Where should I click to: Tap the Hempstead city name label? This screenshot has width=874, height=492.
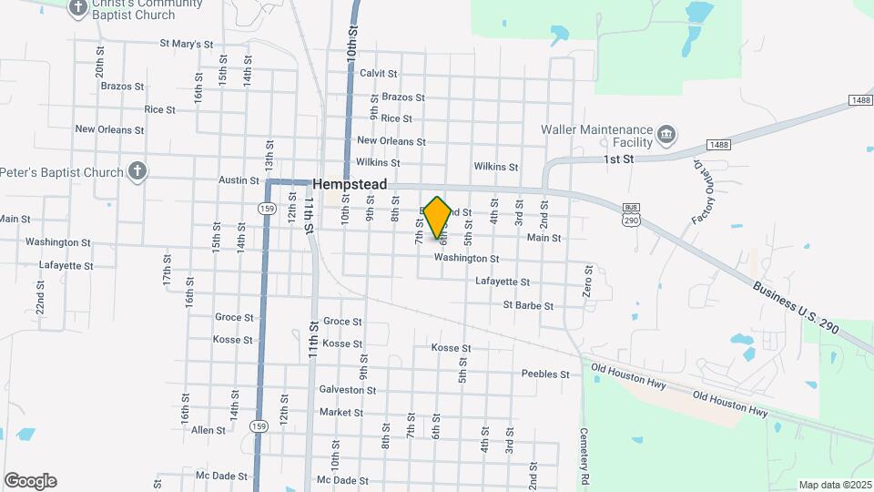pyautogui.click(x=351, y=184)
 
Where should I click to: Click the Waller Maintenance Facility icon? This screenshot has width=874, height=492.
pyautogui.click(x=666, y=136)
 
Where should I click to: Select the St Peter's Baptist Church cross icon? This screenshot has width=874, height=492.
pyautogui.click(x=137, y=171)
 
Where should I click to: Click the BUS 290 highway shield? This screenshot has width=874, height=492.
pyautogui.click(x=629, y=215)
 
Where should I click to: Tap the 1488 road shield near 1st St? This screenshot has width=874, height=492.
pyautogui.click(x=718, y=145)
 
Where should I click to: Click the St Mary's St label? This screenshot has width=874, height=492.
pyautogui.click(x=186, y=43)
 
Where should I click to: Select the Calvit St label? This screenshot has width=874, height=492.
pyautogui.click(x=379, y=73)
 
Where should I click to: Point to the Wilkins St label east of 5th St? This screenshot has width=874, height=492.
pyautogui.click(x=495, y=167)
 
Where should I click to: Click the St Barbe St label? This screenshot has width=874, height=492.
pyautogui.click(x=528, y=306)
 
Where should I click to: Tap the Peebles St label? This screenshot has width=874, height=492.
pyautogui.click(x=545, y=374)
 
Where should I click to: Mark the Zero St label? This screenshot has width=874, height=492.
pyautogui.click(x=589, y=281)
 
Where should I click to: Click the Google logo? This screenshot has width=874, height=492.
pyautogui.click(x=30, y=481)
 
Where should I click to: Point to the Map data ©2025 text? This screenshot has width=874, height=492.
pyautogui.click(x=834, y=485)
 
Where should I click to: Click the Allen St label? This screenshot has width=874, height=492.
pyautogui.click(x=208, y=430)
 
